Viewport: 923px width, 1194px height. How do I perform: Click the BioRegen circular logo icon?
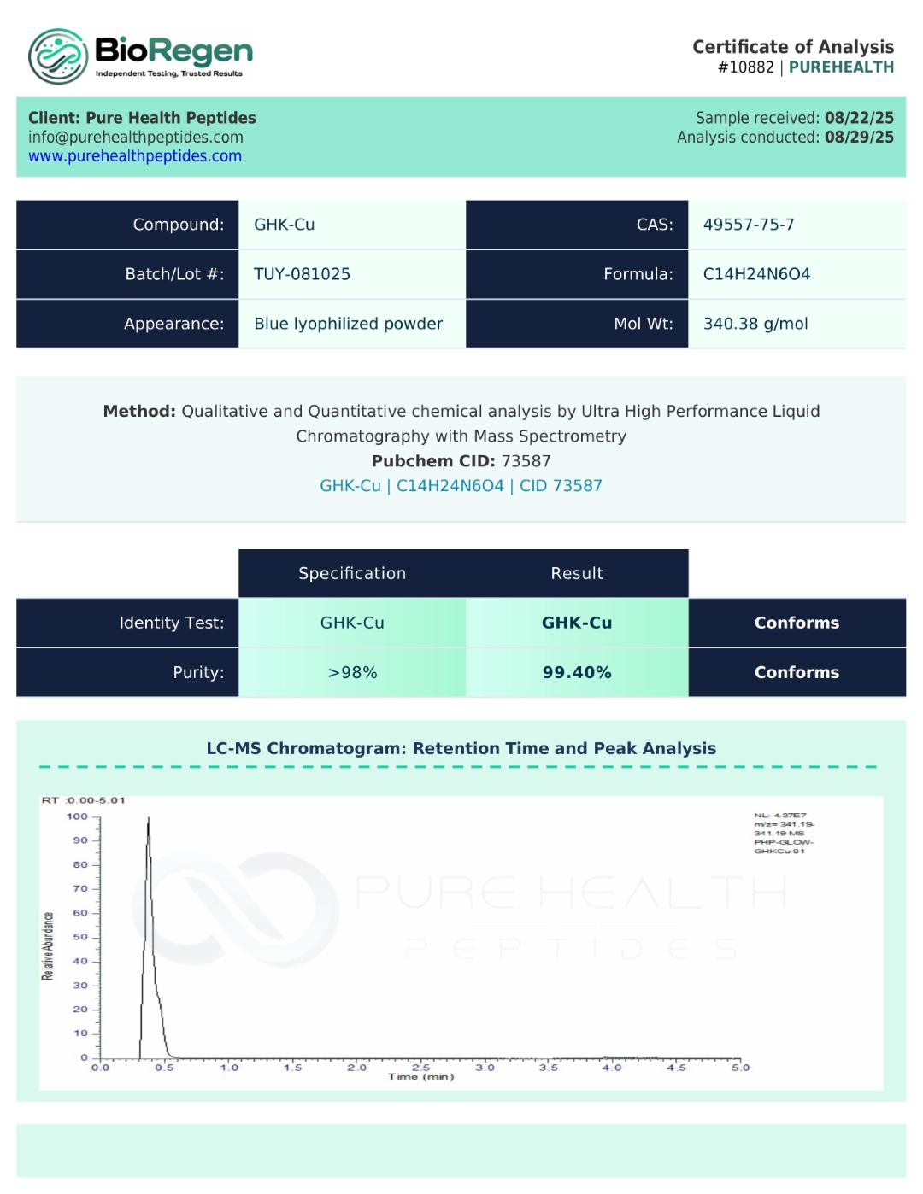(x=58, y=56)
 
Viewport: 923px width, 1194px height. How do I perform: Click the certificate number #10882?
(x=745, y=67)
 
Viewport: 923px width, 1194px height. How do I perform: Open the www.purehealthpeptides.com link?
(x=135, y=156)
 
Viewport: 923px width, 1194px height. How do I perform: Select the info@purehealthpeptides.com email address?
(x=136, y=138)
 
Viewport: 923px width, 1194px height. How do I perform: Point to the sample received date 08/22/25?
(x=859, y=118)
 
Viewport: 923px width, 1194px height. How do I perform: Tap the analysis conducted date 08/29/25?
(x=859, y=138)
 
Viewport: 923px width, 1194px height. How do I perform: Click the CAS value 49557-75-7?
(x=749, y=225)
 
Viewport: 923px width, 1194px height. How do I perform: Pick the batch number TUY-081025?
(x=302, y=274)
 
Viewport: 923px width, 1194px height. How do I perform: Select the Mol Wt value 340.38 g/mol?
(x=755, y=324)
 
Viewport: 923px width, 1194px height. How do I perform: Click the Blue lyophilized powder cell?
(x=348, y=324)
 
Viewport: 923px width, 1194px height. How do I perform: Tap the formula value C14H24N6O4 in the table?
(x=756, y=274)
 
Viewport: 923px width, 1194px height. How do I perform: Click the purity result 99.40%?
(x=577, y=672)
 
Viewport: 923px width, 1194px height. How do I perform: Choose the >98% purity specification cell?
(x=352, y=672)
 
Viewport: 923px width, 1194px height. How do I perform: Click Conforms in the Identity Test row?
(x=797, y=623)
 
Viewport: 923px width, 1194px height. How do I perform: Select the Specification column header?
(x=352, y=573)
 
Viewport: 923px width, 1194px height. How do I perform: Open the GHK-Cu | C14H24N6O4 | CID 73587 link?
(x=461, y=486)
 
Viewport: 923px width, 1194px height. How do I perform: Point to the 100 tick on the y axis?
(x=78, y=816)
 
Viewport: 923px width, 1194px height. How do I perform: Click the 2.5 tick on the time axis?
(x=421, y=1068)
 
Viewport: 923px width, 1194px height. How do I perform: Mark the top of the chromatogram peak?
(x=148, y=818)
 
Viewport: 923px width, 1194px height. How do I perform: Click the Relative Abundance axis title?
(x=48, y=945)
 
